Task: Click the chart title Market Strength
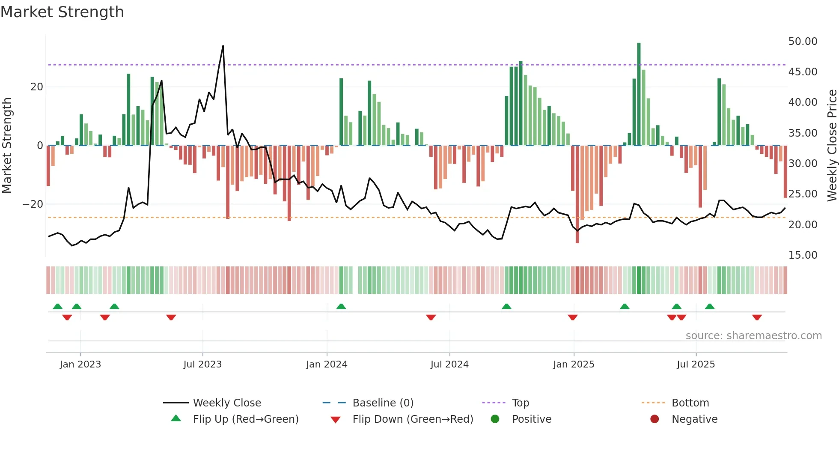[x=62, y=12]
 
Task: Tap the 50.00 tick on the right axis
[x=803, y=42]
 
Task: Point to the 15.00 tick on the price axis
[x=803, y=255]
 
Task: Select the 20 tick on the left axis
[x=37, y=87]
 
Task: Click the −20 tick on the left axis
[x=33, y=204]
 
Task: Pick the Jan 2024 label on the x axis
[x=327, y=364]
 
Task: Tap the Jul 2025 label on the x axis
[x=696, y=364]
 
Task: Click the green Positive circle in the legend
[x=495, y=419]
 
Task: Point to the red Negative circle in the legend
[x=655, y=419]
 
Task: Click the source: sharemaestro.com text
[x=753, y=336]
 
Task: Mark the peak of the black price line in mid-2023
[x=223, y=46]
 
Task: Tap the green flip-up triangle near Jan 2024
[x=341, y=307]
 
